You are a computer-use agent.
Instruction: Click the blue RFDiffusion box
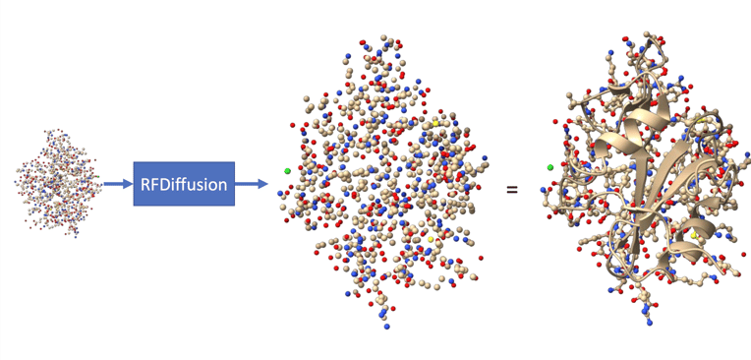click(x=184, y=183)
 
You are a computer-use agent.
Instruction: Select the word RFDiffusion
click(x=184, y=184)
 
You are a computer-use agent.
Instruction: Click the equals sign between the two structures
click(x=511, y=186)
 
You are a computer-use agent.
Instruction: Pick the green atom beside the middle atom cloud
click(x=288, y=171)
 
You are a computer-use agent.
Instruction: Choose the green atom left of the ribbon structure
click(x=550, y=168)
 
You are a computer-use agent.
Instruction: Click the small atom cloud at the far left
click(x=58, y=184)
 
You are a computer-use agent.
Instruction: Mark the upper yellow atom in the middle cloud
click(x=436, y=122)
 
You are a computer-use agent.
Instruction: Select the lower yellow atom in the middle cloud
click(x=431, y=239)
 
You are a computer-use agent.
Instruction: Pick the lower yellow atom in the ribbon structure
click(x=695, y=237)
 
